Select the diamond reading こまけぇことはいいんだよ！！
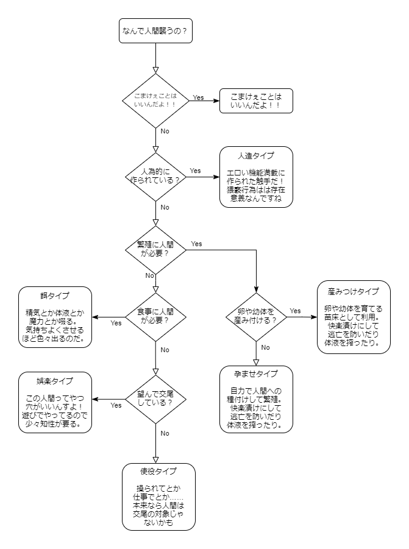(155, 101)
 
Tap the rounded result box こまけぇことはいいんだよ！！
(256, 101)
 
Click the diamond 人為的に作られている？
(155, 177)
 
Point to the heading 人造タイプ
(255, 155)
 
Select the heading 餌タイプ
(55, 296)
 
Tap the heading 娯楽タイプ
(55, 381)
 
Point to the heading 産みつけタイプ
(357, 291)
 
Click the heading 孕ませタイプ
(255, 374)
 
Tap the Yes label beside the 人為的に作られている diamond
(195, 171)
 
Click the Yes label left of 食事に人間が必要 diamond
(116, 323)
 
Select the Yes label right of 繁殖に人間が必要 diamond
(196, 244)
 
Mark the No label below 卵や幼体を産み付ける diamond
(266, 347)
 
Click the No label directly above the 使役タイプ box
(165, 433)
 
